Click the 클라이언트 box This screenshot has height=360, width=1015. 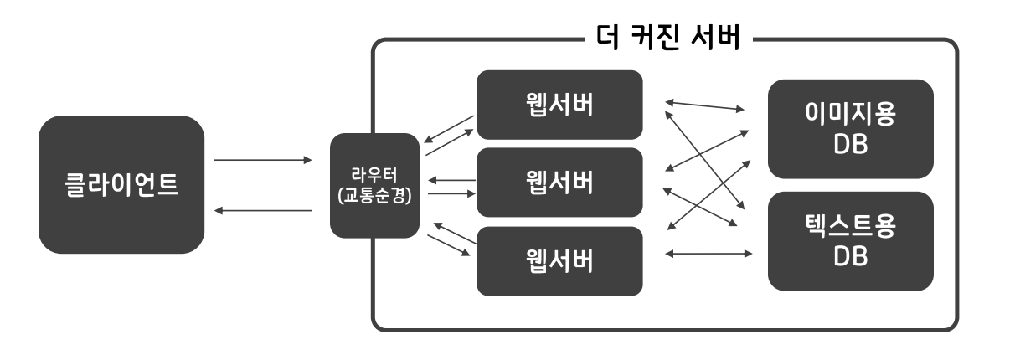point(121,185)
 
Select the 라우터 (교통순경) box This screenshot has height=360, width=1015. point(374,185)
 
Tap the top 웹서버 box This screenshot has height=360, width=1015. point(559,105)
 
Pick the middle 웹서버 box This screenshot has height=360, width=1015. point(559,183)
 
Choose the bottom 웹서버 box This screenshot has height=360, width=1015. point(559,260)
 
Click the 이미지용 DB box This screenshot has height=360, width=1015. point(850,129)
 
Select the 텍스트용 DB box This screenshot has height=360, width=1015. point(850,241)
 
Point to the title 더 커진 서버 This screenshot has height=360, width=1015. point(666,39)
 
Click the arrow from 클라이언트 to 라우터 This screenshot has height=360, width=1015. point(262,159)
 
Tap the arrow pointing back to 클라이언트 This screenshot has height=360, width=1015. point(262,211)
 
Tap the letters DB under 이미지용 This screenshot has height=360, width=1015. point(850,145)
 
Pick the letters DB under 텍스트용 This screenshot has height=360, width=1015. point(850,257)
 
